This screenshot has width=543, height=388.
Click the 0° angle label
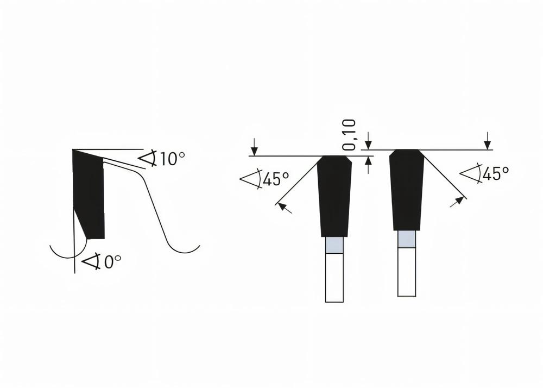tap(111, 262)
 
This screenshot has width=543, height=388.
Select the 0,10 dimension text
tap(350, 134)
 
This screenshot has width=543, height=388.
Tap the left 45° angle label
tap(275, 178)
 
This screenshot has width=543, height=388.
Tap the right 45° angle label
tap(496, 173)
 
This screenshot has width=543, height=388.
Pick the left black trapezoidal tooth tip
tap(334, 196)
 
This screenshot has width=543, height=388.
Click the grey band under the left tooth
tap(334, 246)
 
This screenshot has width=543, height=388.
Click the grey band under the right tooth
tap(407, 239)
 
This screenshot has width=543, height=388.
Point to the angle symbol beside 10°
tap(148, 158)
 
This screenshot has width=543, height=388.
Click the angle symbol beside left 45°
tap(251, 179)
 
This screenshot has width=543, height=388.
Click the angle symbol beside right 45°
tap(470, 173)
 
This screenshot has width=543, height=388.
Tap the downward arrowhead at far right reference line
tap(488, 144)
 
